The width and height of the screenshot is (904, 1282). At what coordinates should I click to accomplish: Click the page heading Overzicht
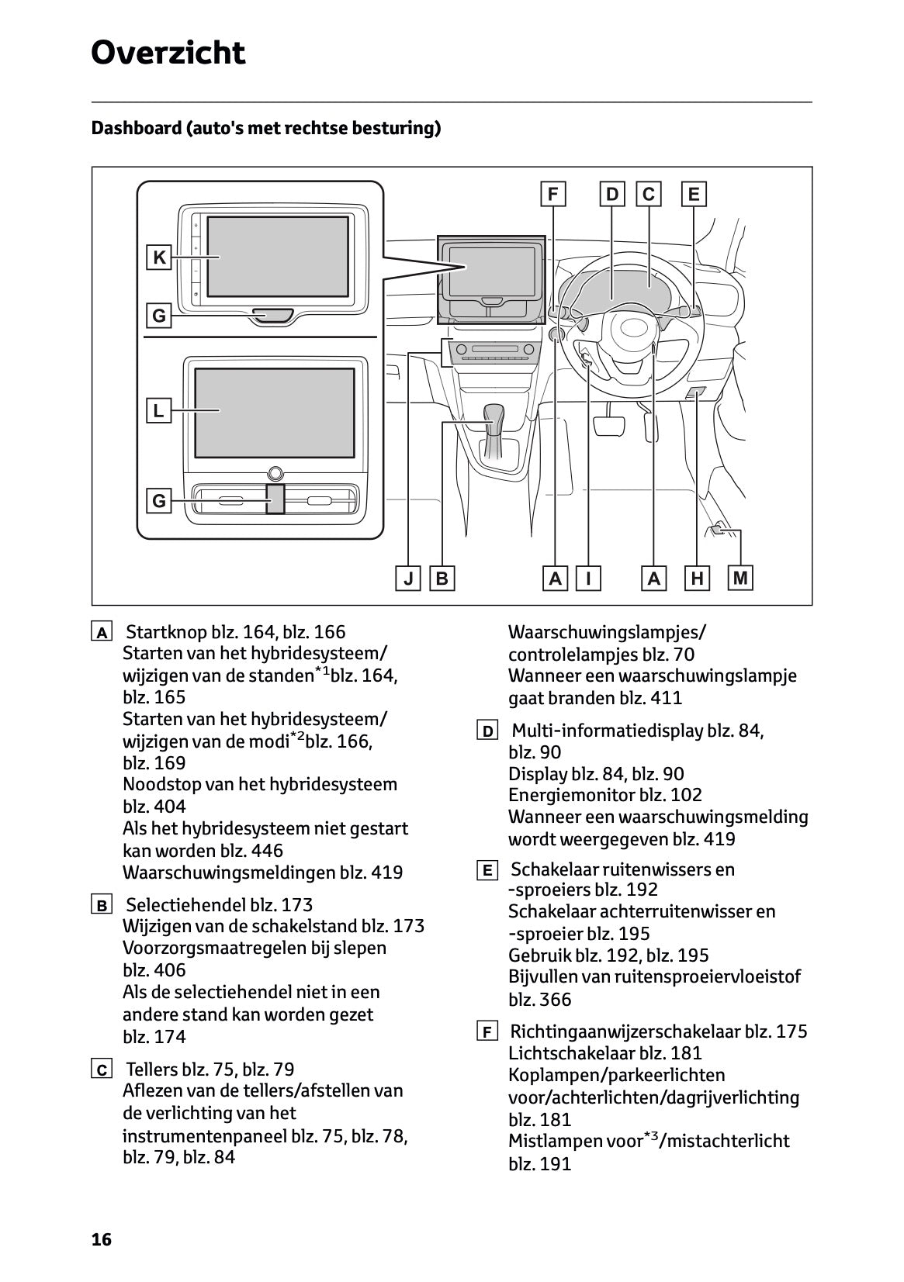click(x=168, y=54)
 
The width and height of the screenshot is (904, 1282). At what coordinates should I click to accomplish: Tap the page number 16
click(x=102, y=1239)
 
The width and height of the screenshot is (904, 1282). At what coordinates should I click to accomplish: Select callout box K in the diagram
click(x=159, y=257)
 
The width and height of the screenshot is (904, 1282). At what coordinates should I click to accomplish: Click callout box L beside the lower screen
click(x=158, y=410)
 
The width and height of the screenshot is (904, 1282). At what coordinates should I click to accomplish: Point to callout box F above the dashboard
click(x=552, y=194)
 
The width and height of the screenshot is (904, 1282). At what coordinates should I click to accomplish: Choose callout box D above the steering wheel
click(x=612, y=194)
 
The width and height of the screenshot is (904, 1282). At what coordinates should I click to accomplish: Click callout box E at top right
click(x=693, y=194)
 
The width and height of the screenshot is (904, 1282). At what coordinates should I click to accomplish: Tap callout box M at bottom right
click(x=740, y=578)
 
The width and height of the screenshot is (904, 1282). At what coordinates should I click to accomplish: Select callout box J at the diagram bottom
click(x=407, y=579)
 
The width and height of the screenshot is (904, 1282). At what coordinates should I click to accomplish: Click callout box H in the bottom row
click(x=697, y=579)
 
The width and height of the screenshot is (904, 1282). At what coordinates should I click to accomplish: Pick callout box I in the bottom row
click(x=588, y=579)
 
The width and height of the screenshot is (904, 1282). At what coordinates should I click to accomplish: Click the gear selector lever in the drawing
click(x=494, y=423)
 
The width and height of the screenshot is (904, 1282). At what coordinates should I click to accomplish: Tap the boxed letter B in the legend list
click(x=102, y=905)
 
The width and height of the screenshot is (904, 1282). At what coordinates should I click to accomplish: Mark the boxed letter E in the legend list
click(x=487, y=871)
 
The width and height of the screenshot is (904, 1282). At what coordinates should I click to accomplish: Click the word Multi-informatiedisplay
click(x=608, y=731)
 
